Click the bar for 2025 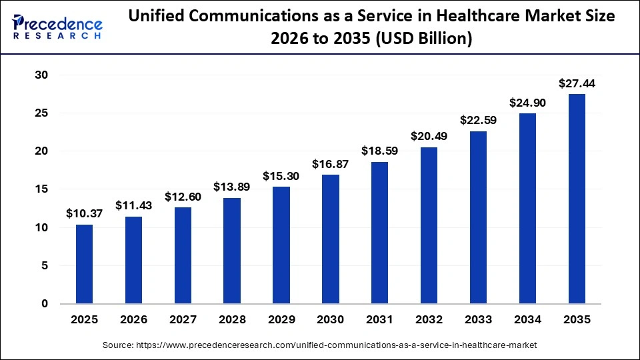(x=84, y=264)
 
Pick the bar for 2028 (x=232, y=251)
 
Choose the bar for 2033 (x=478, y=217)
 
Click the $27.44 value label (x=577, y=84)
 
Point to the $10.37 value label (x=84, y=214)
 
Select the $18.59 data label (x=379, y=151)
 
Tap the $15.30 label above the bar (x=281, y=176)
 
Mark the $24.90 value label (x=527, y=103)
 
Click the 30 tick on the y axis (x=41, y=75)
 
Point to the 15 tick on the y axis (x=41, y=189)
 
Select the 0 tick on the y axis (x=45, y=304)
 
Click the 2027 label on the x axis (x=183, y=320)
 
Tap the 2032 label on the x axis (x=429, y=320)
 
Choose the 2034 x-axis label (x=527, y=320)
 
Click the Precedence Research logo (x=57, y=25)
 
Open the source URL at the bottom (x=319, y=345)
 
